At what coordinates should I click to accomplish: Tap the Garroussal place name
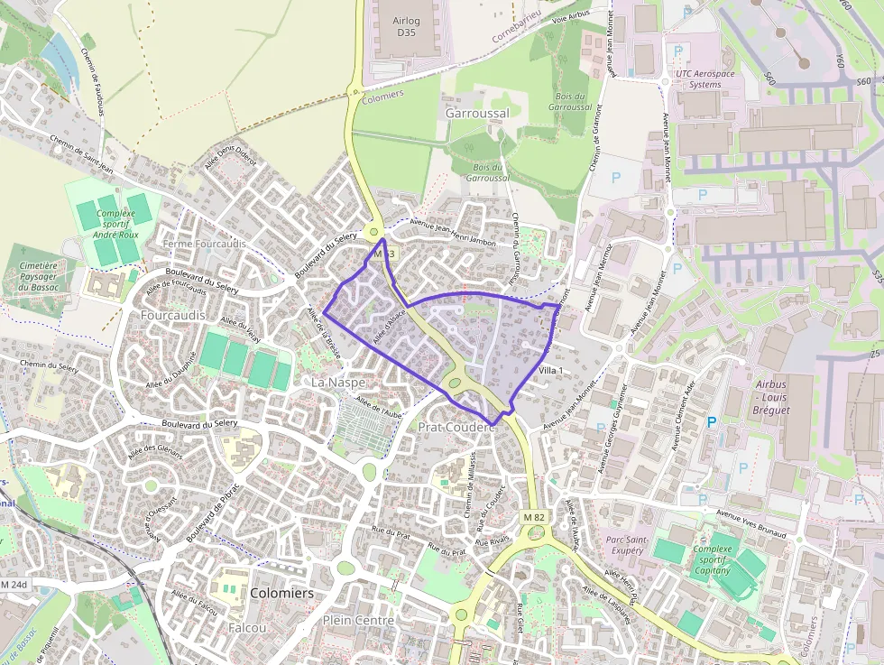(x=477, y=114)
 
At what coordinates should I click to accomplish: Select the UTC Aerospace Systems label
(x=704, y=79)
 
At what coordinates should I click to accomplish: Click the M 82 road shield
(x=532, y=516)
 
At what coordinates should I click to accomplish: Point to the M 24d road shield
(x=14, y=585)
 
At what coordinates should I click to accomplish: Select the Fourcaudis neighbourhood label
(x=172, y=315)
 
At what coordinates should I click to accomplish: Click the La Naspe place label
(x=338, y=383)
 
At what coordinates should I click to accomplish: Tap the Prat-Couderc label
(x=457, y=426)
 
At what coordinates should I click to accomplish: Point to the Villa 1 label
(x=549, y=371)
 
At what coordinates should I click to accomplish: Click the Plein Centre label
(x=358, y=621)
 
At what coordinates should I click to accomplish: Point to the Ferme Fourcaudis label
(x=204, y=244)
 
